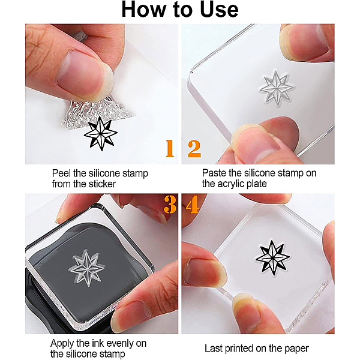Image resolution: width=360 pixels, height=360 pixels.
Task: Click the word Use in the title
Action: point(219,10)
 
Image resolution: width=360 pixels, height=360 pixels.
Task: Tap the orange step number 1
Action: point(170,148)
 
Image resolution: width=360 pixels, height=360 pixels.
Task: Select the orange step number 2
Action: point(194,149)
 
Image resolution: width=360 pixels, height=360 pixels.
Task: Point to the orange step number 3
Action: point(170,205)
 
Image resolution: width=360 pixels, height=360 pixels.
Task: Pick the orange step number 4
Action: point(193,205)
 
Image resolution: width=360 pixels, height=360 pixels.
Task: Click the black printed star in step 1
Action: point(101,134)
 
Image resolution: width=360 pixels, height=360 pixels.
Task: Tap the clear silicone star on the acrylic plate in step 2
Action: point(277,88)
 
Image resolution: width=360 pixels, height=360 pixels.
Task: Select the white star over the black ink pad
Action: point(87,268)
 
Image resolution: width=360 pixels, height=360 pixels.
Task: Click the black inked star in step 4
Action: point(272,257)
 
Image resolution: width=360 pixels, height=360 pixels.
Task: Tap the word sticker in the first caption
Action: point(101,184)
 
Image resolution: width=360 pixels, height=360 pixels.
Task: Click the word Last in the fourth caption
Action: point(214,348)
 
